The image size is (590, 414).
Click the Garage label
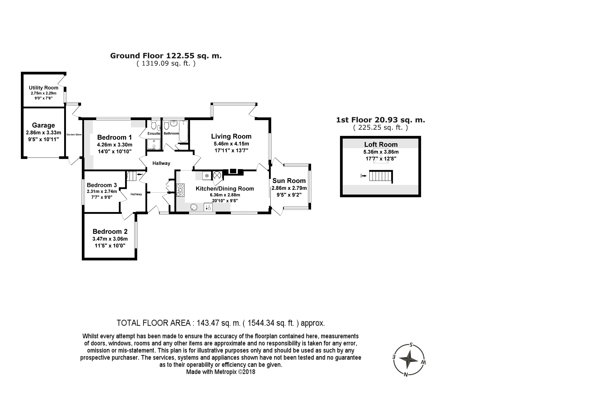point(43,125)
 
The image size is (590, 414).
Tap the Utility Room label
point(43,88)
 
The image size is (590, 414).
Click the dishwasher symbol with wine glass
point(208,207)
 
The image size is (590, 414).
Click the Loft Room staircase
point(380,176)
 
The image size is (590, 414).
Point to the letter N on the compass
point(406,374)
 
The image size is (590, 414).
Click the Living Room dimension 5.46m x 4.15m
point(231,144)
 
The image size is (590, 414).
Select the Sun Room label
point(289,181)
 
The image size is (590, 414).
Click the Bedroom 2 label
point(110,231)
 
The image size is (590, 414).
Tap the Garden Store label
point(74,134)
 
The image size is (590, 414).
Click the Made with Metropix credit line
point(221,372)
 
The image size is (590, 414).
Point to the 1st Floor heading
point(381,120)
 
